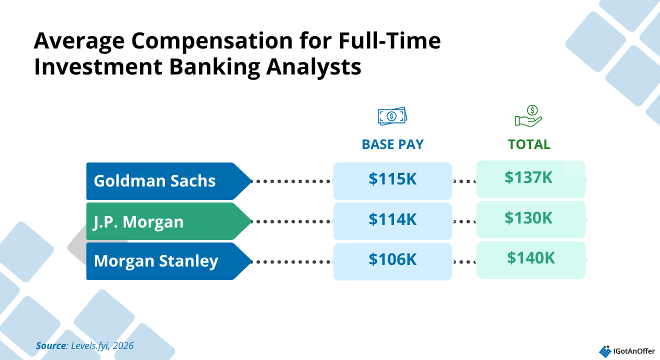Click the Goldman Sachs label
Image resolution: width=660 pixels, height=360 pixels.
[168, 181]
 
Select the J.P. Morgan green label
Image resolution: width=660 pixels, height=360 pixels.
[168, 221]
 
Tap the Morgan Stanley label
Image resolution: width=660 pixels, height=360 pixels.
[168, 261]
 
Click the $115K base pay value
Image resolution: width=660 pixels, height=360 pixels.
[392, 179]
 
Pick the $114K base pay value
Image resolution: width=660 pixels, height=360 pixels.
[392, 219]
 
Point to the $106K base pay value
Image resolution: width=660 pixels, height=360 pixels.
[392, 259]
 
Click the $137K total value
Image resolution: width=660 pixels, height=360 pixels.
[528, 177]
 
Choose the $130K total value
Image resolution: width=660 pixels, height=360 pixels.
[528, 217]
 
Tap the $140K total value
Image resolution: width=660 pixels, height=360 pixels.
[530, 258]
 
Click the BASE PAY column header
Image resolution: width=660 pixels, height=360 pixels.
[392, 144]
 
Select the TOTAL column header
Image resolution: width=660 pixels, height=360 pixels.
[529, 144]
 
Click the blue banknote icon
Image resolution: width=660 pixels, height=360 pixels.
[392, 116]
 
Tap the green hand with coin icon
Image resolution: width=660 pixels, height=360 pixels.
[528, 116]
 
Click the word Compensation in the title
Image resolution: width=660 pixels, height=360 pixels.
[212, 41]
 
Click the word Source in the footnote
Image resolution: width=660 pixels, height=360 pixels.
[51, 345]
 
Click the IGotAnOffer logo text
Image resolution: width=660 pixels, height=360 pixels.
[634, 351]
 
